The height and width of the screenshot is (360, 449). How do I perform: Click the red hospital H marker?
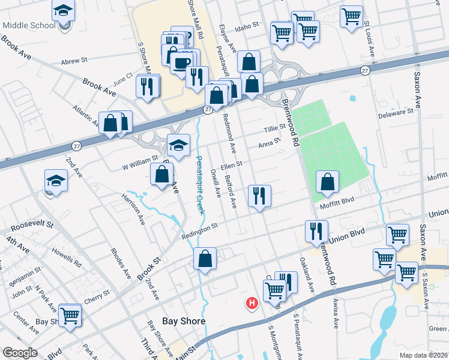pyautogui.click(x=252, y=304)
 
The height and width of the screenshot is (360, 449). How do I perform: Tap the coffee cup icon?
pyautogui.click(x=182, y=62)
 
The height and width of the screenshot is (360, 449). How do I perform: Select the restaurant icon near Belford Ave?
pyautogui.click(x=259, y=196)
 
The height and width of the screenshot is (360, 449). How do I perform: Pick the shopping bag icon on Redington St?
pyautogui.click(x=205, y=259)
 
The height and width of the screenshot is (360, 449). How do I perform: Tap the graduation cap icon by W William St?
pyautogui.click(x=178, y=145)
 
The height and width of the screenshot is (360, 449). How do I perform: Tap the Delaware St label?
pyautogui.click(x=397, y=112)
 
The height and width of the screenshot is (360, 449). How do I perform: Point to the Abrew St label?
pyautogui.click(x=74, y=61)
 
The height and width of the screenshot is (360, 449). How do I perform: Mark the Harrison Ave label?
pyautogui.click(x=133, y=208)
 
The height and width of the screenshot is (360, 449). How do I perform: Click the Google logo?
pyautogui.click(x=20, y=353)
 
